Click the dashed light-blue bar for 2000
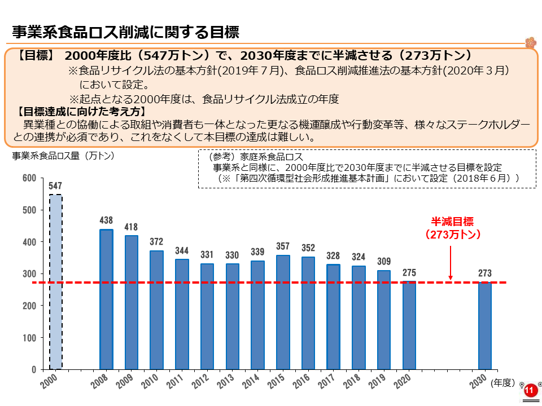pyautogui.click(x=56, y=282)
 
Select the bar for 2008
pyautogui.click(x=107, y=299)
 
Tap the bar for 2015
pyautogui.click(x=283, y=312)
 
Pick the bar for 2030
pyautogui.click(x=484, y=325)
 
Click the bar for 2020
pyautogui.click(x=409, y=325)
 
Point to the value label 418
pyautogui.click(x=131, y=227)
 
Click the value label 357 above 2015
pyautogui.click(x=283, y=246)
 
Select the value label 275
pyautogui.click(x=409, y=272)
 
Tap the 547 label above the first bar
pyautogui.click(x=55, y=186)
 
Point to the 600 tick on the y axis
pyautogui.click(x=29, y=178)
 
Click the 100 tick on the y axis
pyautogui.click(x=29, y=338)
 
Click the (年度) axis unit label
pyautogui.click(x=502, y=383)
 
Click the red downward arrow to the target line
pyautogui.click(x=451, y=263)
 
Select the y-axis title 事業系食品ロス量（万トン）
pyautogui.click(x=63, y=156)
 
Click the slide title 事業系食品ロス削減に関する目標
pyautogui.click(x=125, y=32)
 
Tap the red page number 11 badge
pyautogui.click(x=529, y=391)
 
